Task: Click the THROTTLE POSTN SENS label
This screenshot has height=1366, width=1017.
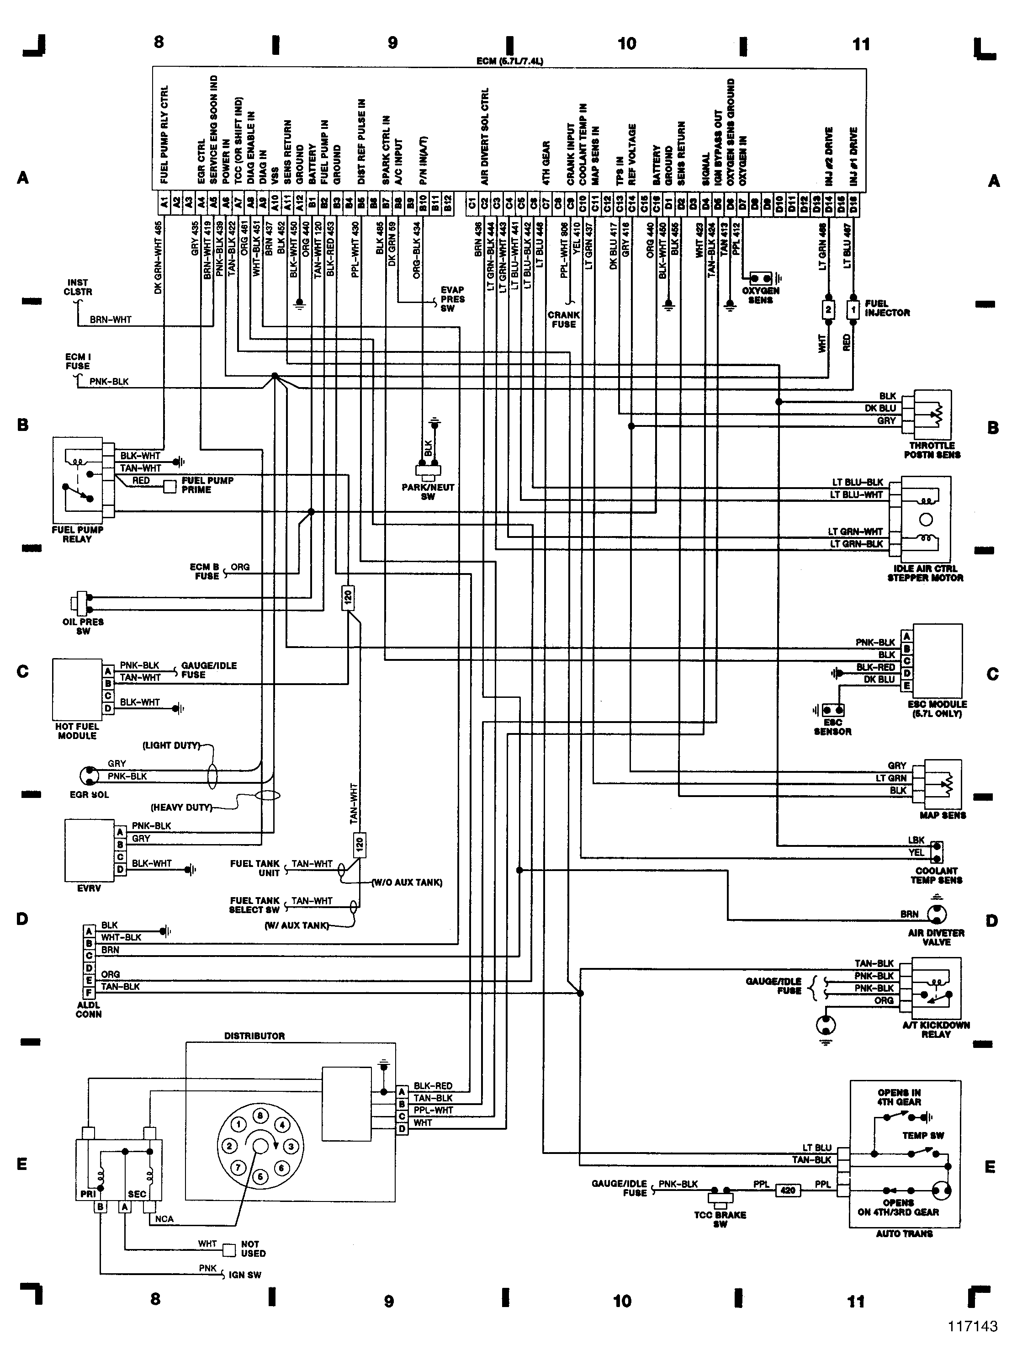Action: click(x=932, y=450)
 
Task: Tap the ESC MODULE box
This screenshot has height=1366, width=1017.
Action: click(x=938, y=659)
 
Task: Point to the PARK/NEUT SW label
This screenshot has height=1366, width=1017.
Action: click(x=428, y=491)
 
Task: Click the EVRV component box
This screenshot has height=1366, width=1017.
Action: click(x=89, y=850)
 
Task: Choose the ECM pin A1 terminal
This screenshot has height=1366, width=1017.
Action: click(x=163, y=202)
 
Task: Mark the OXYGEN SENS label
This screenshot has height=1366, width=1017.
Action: click(x=760, y=296)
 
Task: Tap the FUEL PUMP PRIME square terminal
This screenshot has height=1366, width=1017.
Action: click(x=170, y=486)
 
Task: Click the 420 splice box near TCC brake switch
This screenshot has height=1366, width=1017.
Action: click(x=787, y=1191)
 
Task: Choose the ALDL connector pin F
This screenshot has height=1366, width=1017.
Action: click(x=89, y=993)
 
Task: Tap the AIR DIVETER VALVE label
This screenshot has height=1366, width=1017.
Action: click(x=936, y=938)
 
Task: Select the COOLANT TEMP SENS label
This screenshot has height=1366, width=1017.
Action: click(x=936, y=875)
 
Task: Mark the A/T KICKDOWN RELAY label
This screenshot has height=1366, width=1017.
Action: click(x=936, y=1030)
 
